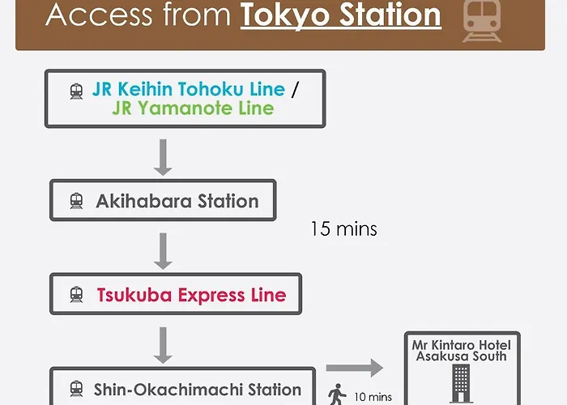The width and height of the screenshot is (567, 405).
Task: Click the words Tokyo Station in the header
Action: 341,15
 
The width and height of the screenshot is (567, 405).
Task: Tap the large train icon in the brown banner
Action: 482,21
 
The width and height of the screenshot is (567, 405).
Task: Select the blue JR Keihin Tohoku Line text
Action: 189,89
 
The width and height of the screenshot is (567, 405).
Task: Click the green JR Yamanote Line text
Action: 193,108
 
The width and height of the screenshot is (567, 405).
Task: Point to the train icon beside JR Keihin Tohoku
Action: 76,91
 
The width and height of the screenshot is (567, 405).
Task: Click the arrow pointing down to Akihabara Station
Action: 163,157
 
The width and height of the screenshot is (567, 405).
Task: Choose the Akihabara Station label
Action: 177,201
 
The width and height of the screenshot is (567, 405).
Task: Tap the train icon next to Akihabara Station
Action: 76,201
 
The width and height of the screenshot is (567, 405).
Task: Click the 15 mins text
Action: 344,229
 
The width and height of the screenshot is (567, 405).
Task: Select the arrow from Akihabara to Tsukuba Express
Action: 163,251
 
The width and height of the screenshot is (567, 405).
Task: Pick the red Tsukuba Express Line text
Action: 192,295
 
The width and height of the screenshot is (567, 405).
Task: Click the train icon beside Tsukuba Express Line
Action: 76,295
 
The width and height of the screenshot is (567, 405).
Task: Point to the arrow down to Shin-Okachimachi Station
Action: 163,345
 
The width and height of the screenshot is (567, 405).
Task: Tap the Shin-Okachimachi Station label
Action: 198,390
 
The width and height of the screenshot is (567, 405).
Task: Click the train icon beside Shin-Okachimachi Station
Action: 76,389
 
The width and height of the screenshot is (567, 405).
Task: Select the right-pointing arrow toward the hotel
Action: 355,368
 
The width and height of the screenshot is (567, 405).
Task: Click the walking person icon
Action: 337,394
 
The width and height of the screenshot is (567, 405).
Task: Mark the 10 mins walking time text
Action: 373,397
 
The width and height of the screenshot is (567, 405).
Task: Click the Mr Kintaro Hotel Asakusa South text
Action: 462,351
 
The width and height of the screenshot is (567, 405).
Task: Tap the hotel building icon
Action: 461,384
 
